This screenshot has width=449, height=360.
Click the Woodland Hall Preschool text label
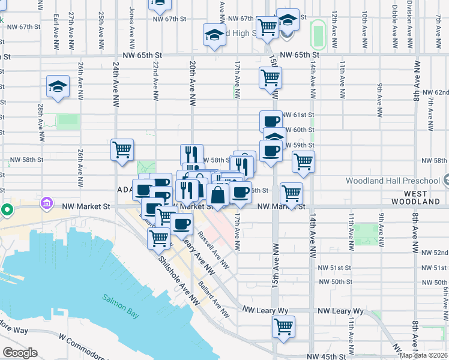pyautogui.click(x=393, y=181)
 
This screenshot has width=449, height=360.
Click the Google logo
pyautogui.click(x=20, y=352)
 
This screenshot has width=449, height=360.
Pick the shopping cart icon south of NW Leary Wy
pyautogui.click(x=283, y=328)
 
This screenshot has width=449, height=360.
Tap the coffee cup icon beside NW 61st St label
pyautogui.click(x=271, y=121)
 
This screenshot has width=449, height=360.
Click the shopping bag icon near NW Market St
pyautogui.click(x=217, y=195)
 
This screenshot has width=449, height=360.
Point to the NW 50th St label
pyautogui.click(x=334, y=281)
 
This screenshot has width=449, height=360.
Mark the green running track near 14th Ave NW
pyautogui.click(x=318, y=35)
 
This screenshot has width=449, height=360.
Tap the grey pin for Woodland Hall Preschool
pyautogui.click(x=445, y=179)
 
